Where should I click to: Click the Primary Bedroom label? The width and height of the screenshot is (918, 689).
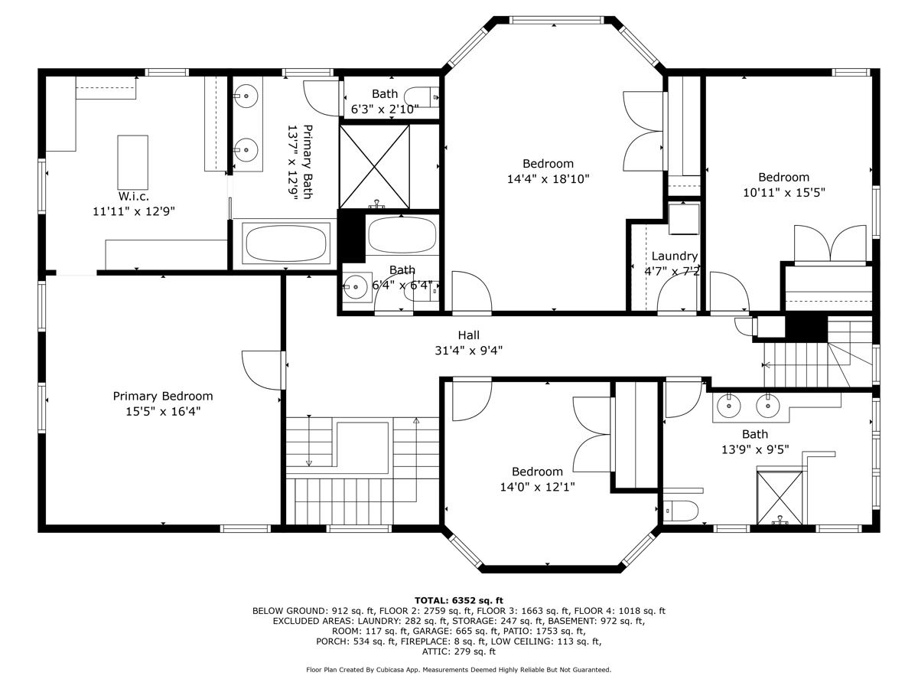pos(163,396)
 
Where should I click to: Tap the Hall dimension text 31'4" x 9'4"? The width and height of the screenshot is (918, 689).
pos(468,351)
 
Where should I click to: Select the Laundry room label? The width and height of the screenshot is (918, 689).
pos(675,256)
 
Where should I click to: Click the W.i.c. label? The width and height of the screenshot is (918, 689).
pos(133,196)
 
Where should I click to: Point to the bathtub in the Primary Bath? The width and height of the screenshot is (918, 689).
pos(286,243)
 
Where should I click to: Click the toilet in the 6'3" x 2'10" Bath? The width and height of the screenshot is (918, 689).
pos(422,97)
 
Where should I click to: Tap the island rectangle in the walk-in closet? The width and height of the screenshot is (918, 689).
pos(132,162)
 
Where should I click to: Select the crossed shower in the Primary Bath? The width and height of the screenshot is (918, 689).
pos(374,166)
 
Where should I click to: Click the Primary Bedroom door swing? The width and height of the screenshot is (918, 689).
pos(262,371)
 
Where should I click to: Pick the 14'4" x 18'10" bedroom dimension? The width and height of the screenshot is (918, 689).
pos(548,179)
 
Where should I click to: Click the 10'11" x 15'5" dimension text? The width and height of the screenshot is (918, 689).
pos(784,193)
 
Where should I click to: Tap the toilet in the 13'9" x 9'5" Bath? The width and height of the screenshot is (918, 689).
pos(681,511)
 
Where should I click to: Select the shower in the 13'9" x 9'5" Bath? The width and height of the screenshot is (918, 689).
pos(780,498)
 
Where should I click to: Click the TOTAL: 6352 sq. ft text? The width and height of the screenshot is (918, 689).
pos(459,601)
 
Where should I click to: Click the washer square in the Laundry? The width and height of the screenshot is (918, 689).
pos(684,219)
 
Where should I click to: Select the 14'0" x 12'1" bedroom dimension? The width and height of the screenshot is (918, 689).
pos(538,487)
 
